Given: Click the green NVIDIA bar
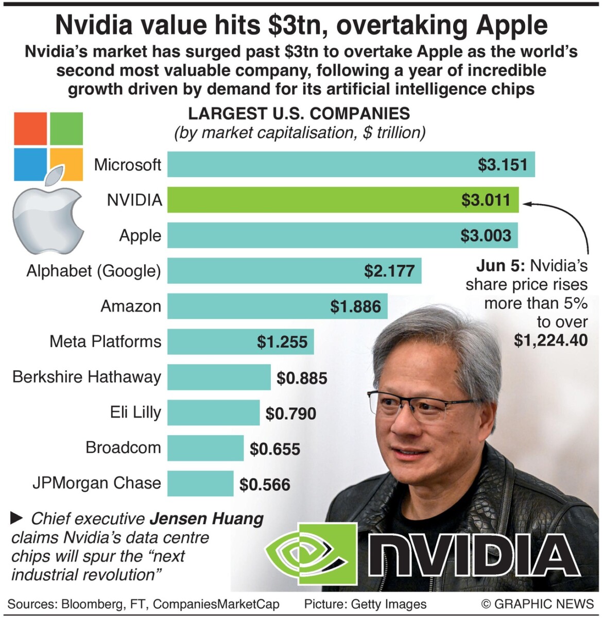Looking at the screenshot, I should pyautogui.click(x=309, y=200).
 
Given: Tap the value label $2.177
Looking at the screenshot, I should pyautogui.click(x=389, y=271).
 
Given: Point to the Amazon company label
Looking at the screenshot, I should pyautogui.click(x=131, y=306).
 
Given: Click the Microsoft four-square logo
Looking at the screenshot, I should pyautogui.click(x=48, y=146).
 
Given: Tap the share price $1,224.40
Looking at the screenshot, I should pyautogui.click(x=551, y=340).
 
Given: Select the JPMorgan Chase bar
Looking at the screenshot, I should pyautogui.click(x=200, y=484).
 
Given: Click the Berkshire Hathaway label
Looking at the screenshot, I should pyautogui.click(x=87, y=377).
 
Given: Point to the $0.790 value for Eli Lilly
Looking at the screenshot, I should pyautogui.click(x=290, y=414).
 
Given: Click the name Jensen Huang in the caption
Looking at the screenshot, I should pyautogui.click(x=207, y=519).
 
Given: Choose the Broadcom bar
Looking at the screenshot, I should pyautogui.click(x=205, y=448).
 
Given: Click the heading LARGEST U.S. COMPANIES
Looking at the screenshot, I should pyautogui.click(x=299, y=114).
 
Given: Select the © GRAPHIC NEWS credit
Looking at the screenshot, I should pyautogui.click(x=537, y=604).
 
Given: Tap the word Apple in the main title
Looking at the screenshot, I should pyautogui.click(x=511, y=25).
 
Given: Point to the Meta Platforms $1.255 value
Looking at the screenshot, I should pyautogui.click(x=282, y=342).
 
